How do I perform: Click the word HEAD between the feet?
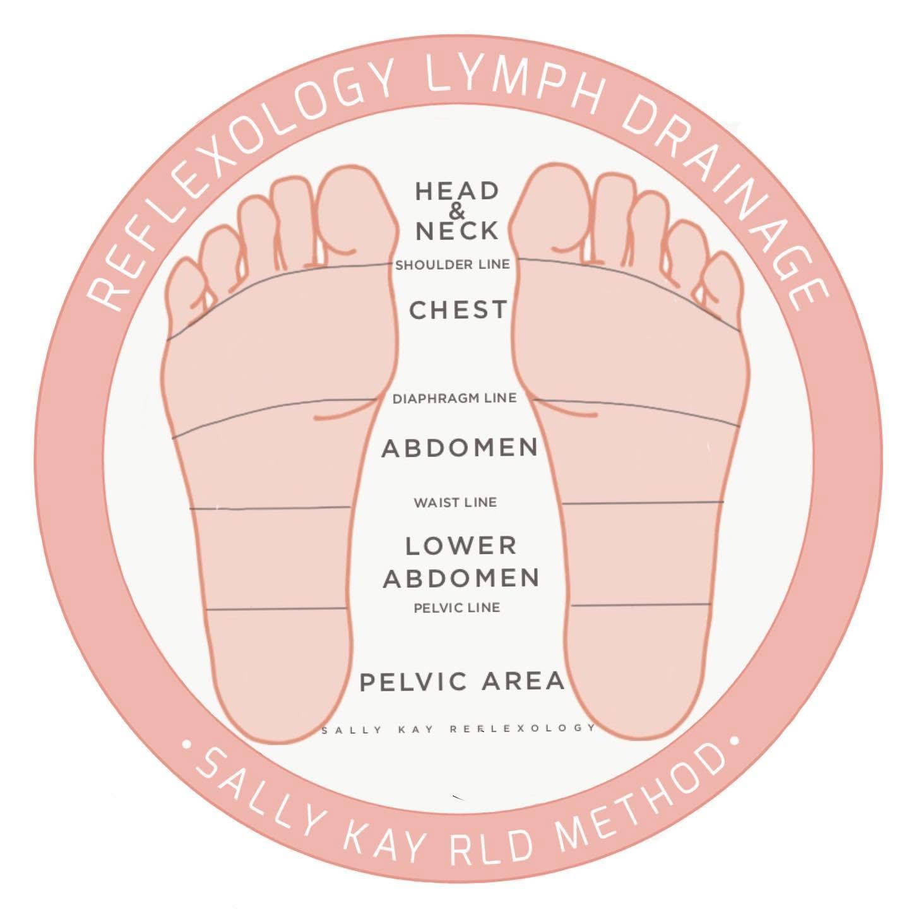(456, 191)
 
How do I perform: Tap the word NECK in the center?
(457, 232)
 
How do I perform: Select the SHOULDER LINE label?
(452, 265)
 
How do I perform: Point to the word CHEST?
(458, 310)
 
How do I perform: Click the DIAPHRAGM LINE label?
(454, 399)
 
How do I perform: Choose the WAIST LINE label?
(455, 503)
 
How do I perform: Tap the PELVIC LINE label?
(457, 608)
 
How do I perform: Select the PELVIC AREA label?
(461, 682)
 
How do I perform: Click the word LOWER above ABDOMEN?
(461, 546)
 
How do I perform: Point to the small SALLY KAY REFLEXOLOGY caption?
(459, 729)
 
